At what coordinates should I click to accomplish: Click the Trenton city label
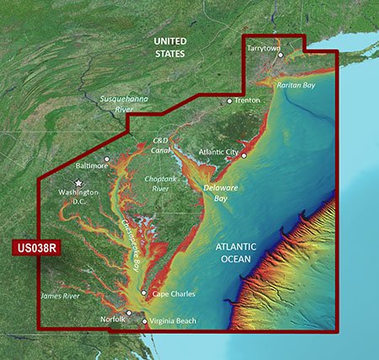pos(248,100)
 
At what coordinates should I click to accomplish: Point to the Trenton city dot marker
pos(229,100)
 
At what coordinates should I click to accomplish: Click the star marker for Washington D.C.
pos(80,182)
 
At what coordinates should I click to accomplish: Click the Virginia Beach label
pos(175,321)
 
